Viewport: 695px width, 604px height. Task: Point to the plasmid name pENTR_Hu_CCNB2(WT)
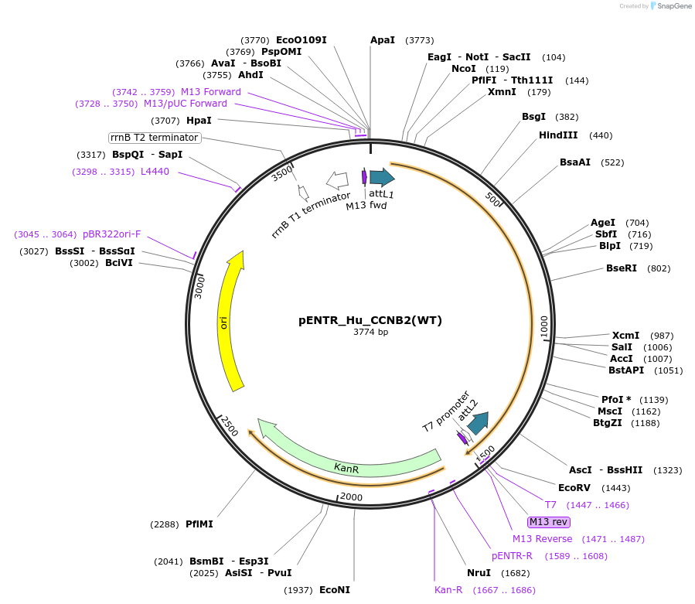(370, 320)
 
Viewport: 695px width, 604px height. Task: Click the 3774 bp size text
(370, 333)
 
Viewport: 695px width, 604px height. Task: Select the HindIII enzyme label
(558, 135)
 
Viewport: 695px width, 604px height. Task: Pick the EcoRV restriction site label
(574, 488)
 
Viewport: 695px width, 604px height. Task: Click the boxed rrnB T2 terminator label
(155, 138)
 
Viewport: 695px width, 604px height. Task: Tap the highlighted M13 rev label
(549, 521)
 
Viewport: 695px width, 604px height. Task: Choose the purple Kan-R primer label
(448, 590)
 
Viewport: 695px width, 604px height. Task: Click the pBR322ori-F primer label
(112, 234)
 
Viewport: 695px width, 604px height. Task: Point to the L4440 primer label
(155, 172)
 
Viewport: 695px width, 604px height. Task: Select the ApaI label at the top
(383, 40)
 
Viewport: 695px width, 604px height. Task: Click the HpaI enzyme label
(199, 121)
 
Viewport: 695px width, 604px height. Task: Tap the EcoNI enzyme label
(335, 590)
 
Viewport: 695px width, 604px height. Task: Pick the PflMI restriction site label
(199, 524)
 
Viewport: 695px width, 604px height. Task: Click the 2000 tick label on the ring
(351, 497)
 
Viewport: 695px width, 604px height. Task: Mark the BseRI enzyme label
(622, 268)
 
